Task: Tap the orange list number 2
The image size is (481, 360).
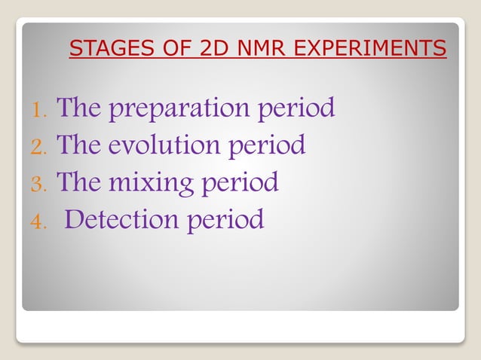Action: click(38, 148)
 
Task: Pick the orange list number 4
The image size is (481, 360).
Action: click(38, 222)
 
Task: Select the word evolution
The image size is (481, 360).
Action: click(164, 145)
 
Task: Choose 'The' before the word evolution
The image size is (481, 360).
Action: click(79, 145)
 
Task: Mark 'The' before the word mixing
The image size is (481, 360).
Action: click(79, 182)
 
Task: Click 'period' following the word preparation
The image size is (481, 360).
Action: click(297, 109)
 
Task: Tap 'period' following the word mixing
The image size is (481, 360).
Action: click(240, 183)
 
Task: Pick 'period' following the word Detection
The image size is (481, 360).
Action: click(226, 220)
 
